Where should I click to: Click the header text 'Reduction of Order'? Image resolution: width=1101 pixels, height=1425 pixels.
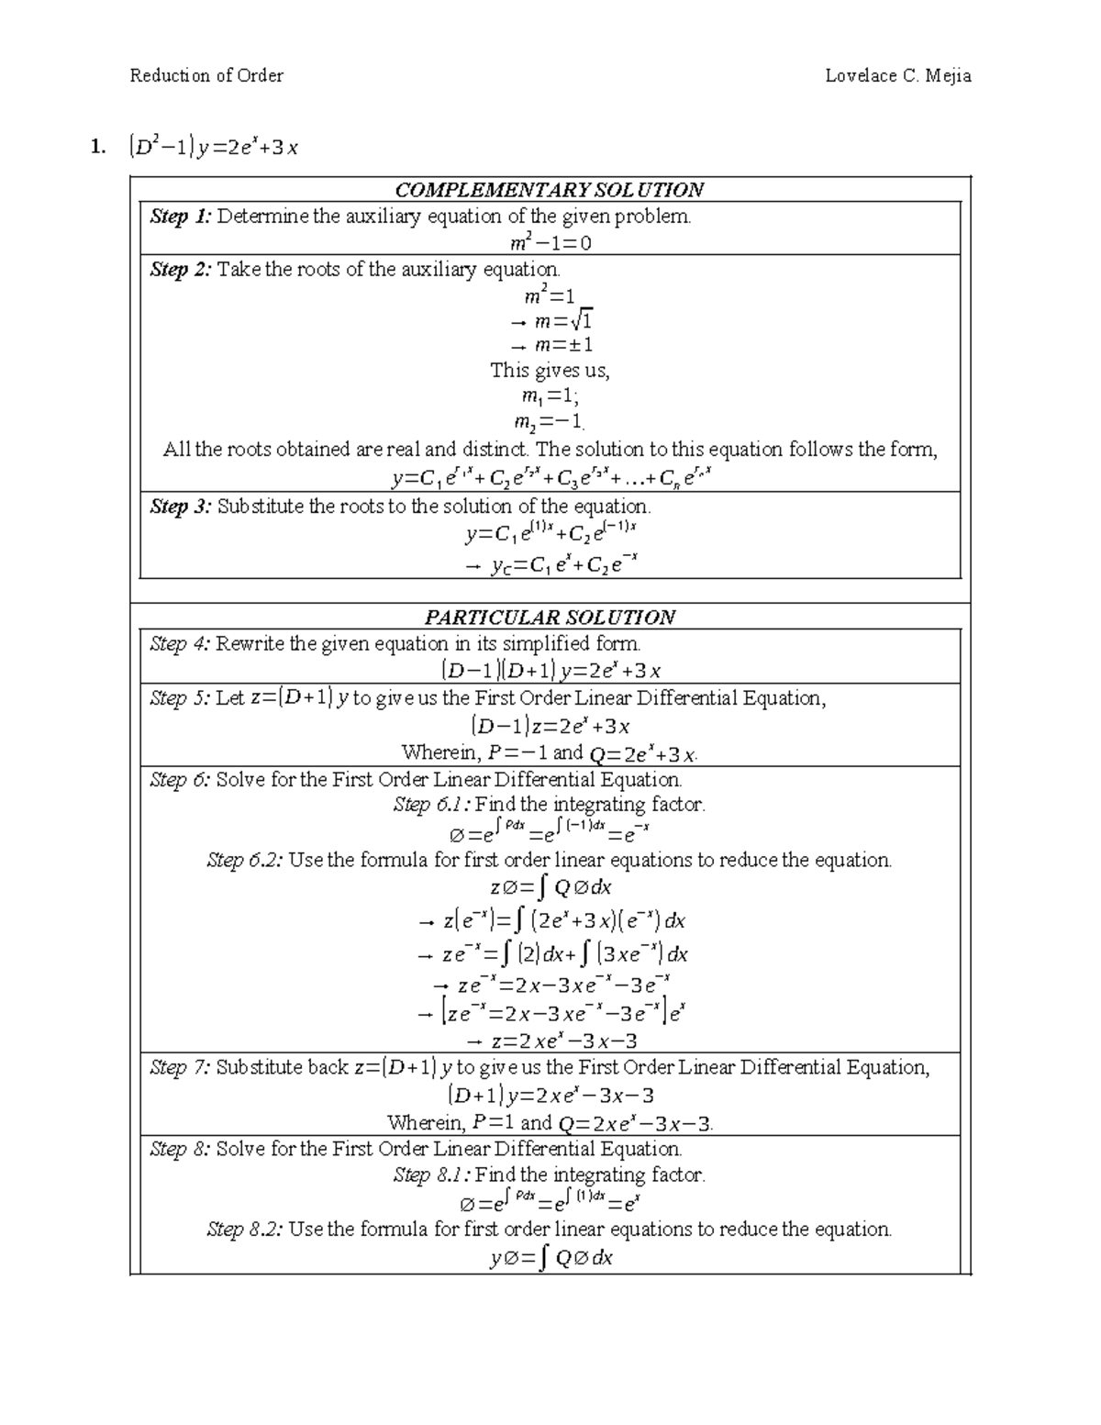(206, 76)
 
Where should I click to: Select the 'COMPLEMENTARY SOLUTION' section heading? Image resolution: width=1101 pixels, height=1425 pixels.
(549, 190)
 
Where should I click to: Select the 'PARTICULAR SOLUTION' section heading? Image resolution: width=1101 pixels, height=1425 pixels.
(549, 617)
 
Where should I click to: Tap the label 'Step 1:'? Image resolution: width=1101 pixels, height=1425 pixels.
(181, 217)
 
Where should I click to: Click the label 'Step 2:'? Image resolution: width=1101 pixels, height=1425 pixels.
(181, 270)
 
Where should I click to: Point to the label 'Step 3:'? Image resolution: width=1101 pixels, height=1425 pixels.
(181, 507)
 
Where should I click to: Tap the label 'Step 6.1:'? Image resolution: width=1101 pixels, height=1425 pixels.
(431, 805)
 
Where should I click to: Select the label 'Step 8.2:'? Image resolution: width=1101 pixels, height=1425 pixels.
(245, 1230)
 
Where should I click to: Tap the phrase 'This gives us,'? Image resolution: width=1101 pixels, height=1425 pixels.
(550, 371)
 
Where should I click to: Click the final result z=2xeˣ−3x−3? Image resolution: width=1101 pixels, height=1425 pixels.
(551, 1041)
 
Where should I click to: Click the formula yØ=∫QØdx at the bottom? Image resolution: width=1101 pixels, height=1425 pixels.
(550, 1258)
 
